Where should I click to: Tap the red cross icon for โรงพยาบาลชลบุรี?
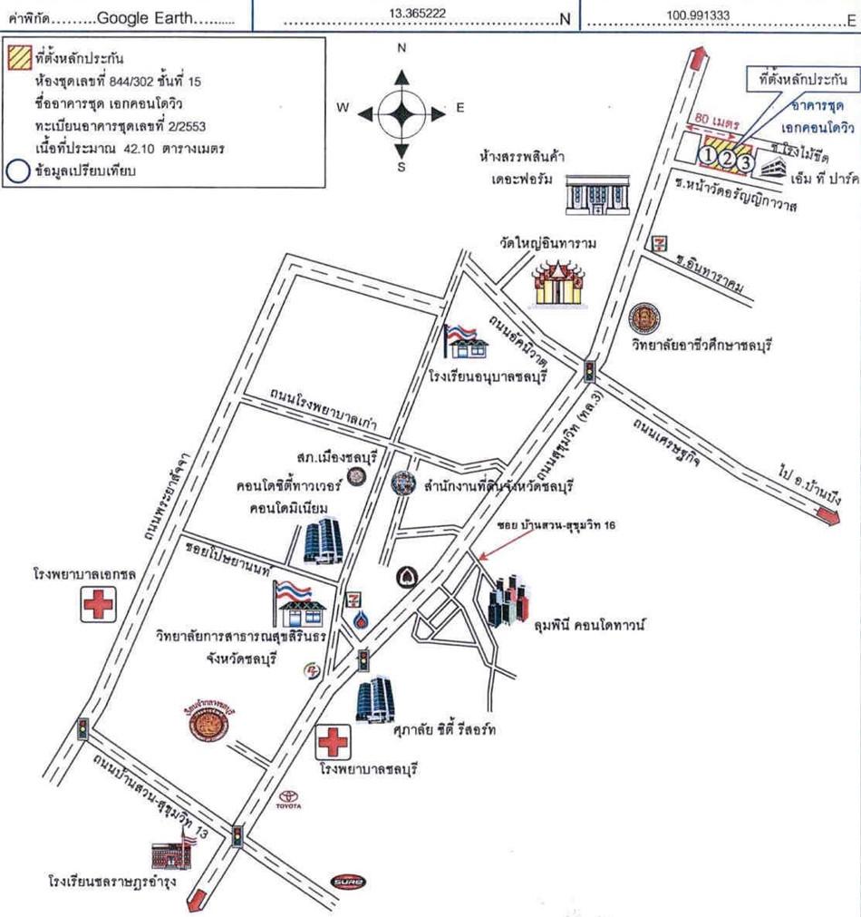click(333, 744)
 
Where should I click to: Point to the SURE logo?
click(347, 880)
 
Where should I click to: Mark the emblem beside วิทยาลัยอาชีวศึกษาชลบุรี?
click(645, 317)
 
